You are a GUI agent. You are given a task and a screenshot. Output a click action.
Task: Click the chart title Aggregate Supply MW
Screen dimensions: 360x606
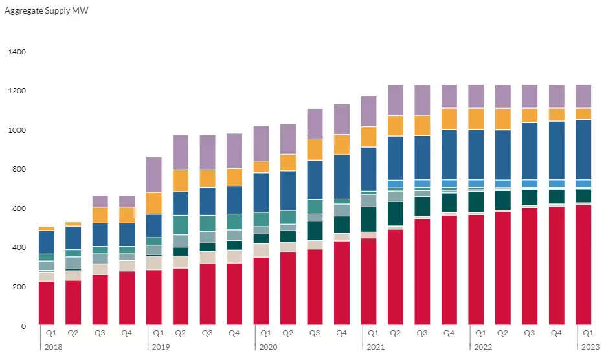pyautogui.click(x=42, y=12)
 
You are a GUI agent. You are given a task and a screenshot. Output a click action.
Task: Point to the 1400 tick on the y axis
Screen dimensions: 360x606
pyautogui.click(x=16, y=52)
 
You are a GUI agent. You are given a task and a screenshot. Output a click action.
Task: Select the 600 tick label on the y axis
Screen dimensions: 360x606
pyautogui.click(x=17, y=208)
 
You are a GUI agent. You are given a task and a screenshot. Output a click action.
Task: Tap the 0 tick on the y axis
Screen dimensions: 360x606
pyautogui.click(x=23, y=326)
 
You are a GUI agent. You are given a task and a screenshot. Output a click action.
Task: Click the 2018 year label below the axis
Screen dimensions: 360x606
pyautogui.click(x=52, y=347)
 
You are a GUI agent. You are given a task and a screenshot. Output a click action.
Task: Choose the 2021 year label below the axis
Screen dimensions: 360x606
pyautogui.click(x=375, y=347)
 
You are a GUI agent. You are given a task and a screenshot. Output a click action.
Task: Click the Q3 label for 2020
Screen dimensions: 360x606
pyautogui.click(x=315, y=333)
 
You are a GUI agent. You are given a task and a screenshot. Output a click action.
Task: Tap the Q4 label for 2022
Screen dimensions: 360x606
pyautogui.click(x=556, y=333)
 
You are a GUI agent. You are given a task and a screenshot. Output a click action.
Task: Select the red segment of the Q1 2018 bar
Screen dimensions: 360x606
pyautogui.click(x=47, y=302)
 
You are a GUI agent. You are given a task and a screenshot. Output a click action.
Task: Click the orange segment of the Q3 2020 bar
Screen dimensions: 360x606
pyautogui.click(x=315, y=150)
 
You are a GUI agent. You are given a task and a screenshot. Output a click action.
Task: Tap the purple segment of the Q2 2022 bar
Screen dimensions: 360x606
pyautogui.click(x=502, y=96)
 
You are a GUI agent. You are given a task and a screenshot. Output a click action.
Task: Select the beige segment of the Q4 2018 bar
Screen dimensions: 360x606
pyautogui.click(x=127, y=265)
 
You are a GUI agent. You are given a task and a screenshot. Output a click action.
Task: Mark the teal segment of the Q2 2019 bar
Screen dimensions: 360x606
pyautogui.click(x=181, y=225)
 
